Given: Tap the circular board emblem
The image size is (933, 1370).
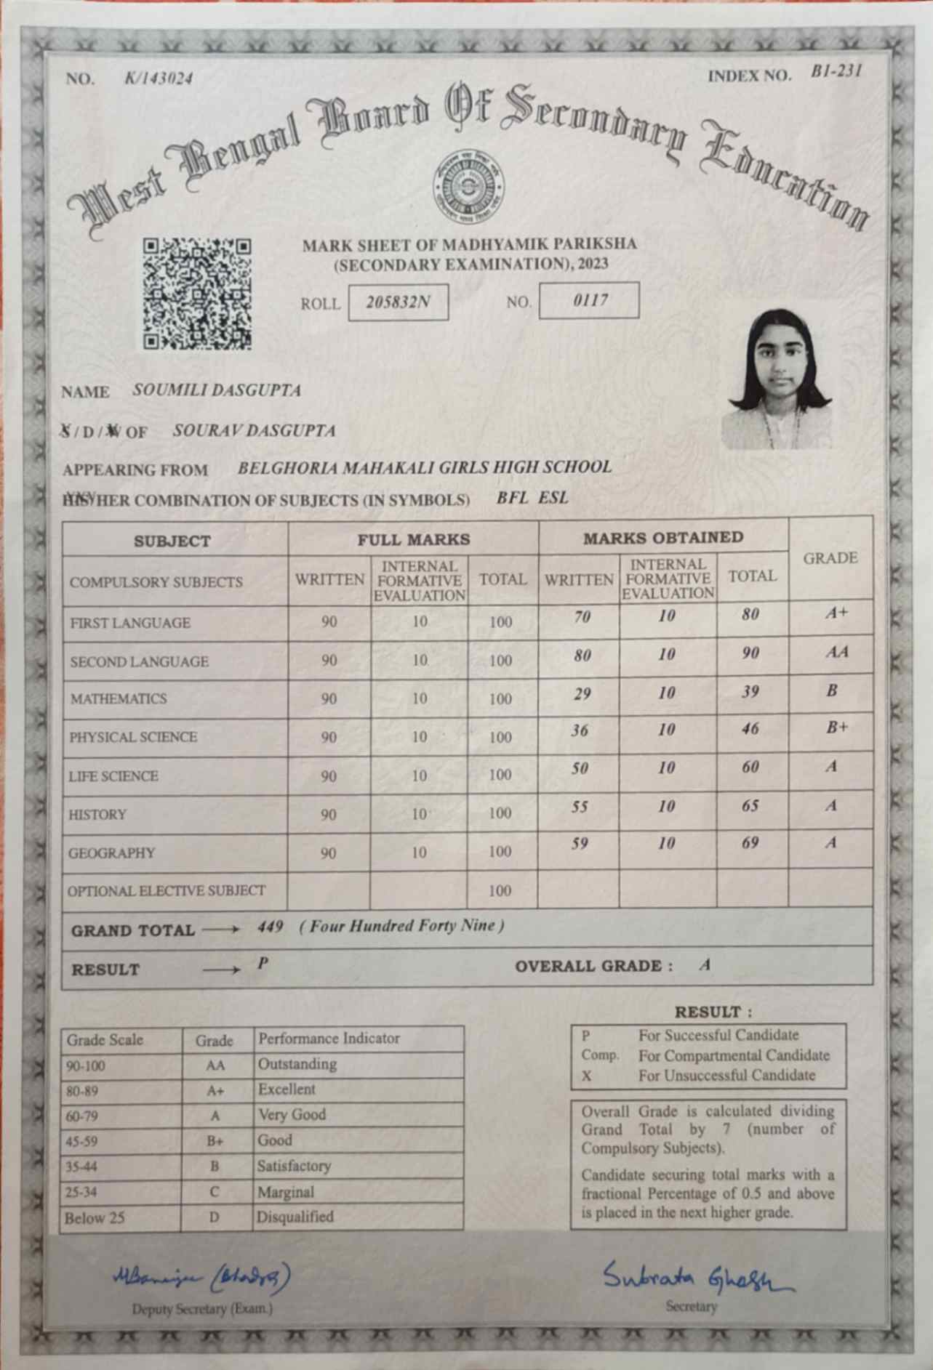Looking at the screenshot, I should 468,186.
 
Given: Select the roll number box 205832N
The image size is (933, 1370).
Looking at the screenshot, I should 398,302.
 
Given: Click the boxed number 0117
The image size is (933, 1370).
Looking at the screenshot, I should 589,300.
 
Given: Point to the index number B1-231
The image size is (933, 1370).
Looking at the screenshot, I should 836,71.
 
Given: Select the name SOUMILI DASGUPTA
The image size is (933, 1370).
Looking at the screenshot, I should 217,390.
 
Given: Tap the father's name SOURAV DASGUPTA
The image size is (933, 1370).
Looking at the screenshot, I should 254,430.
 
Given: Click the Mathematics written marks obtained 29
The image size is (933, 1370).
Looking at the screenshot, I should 582,693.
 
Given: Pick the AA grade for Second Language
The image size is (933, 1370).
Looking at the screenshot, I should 837,652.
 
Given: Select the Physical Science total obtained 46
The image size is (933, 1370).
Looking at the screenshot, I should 750,730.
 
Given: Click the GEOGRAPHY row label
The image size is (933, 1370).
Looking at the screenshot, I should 111,853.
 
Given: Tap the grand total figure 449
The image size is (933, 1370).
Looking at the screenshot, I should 270,927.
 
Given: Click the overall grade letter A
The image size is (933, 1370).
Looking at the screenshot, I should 704,965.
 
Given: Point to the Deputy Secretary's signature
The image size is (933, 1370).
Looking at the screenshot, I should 202,1276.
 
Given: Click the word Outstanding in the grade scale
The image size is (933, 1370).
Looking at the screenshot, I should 297,1064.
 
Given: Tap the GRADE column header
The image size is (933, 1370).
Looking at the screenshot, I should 830,558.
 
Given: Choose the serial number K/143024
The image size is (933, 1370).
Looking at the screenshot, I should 159,78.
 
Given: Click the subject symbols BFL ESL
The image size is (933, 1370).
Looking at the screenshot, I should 532,498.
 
